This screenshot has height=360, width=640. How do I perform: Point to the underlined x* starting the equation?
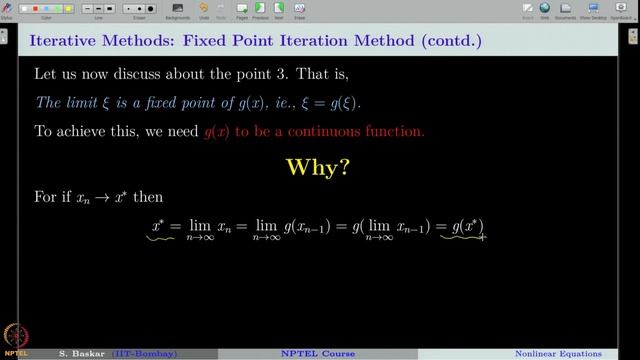tap(158, 229)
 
